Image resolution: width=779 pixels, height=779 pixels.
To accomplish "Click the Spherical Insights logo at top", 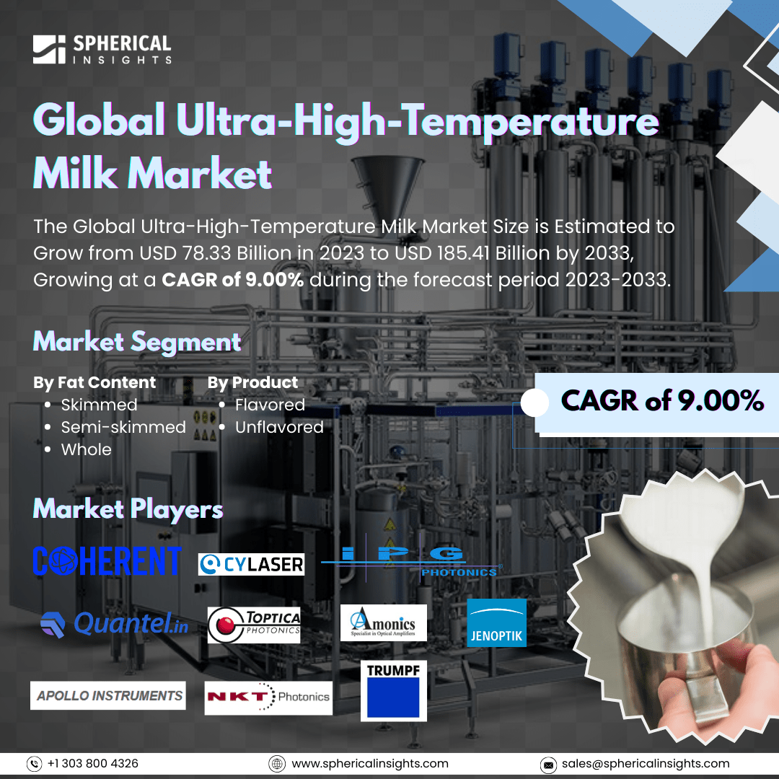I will tap(102, 48).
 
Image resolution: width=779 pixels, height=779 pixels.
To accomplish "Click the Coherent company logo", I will tap(107, 560).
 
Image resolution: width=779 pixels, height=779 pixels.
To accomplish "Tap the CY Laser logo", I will tap(251, 564).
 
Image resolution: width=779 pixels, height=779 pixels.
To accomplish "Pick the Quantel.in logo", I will tap(115, 624).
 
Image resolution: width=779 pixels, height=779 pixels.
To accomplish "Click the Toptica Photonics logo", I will tap(254, 624).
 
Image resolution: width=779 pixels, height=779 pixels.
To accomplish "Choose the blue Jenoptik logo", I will tap(496, 622).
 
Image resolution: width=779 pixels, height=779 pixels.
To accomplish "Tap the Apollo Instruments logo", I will tap(108, 695).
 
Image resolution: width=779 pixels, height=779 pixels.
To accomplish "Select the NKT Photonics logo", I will tap(268, 697).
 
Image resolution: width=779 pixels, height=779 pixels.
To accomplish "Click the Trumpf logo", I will tap(394, 690).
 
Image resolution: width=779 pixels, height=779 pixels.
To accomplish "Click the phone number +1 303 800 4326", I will tap(93, 763).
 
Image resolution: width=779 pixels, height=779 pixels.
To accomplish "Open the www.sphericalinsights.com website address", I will tap(369, 763).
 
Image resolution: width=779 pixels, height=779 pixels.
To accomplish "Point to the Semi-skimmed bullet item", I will tap(123, 427).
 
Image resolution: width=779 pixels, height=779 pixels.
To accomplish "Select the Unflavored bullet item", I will tap(278, 427).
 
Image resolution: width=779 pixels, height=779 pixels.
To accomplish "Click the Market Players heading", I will tap(128, 510).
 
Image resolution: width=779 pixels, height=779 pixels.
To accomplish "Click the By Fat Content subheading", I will tap(94, 382).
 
